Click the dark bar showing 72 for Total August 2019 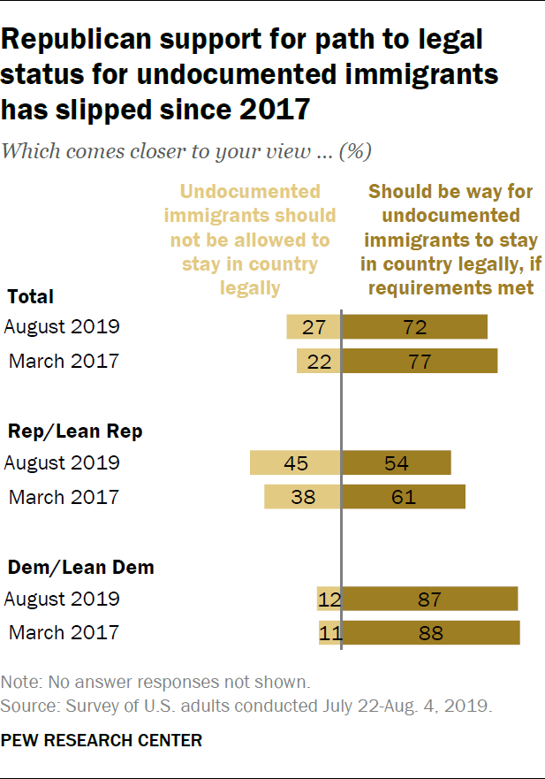click(414, 326)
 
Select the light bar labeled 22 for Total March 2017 click(318, 361)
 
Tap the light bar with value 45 click(294, 463)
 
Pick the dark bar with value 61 click(403, 497)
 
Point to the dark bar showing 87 click(429, 599)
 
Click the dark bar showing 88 click(430, 633)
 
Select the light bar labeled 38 click(301, 497)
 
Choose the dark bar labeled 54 click(396, 463)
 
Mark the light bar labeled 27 click(313, 326)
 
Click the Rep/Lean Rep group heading click(75, 432)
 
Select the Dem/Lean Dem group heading click(80, 568)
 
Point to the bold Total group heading click(31, 297)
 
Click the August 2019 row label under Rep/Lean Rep click(62, 463)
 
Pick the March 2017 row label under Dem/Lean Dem click(64, 633)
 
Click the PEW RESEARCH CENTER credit click(102, 740)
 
